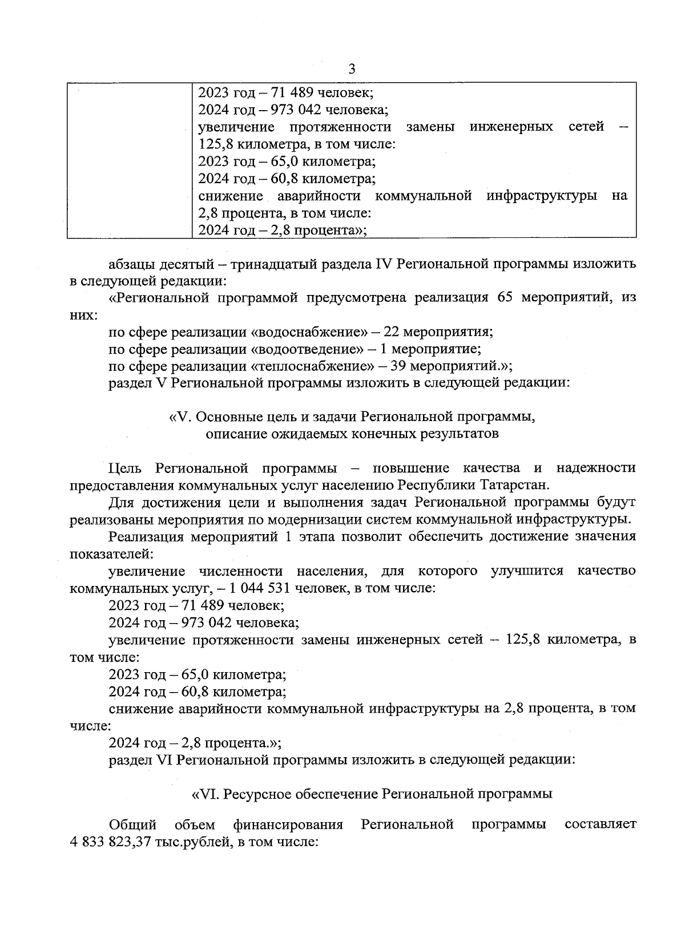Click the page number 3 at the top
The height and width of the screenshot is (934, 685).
(352, 69)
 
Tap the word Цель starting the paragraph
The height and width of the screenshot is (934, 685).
(124, 468)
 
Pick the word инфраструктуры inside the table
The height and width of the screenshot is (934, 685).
(541, 196)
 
